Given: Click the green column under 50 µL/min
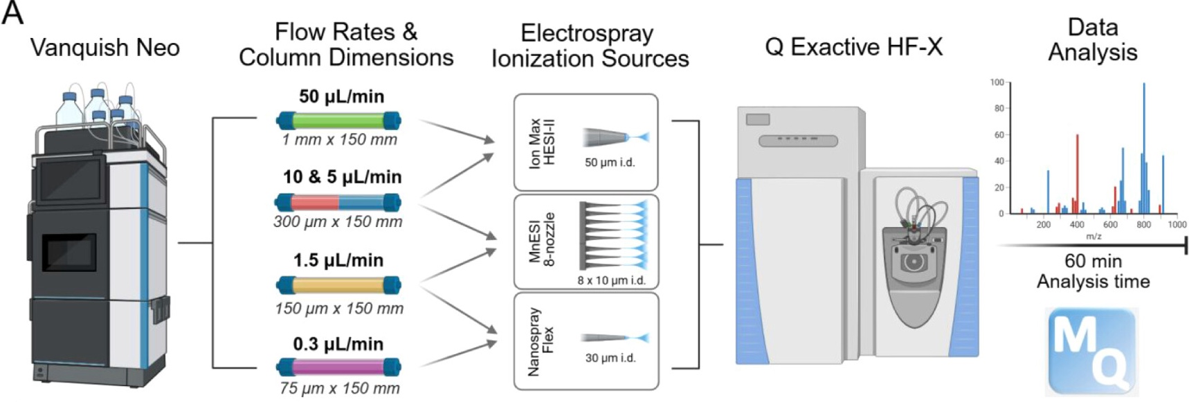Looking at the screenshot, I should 338,121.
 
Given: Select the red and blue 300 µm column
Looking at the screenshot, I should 338,203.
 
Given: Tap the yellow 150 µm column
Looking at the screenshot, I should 338,284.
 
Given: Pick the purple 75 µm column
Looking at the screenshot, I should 338,367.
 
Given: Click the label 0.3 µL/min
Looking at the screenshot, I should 338,344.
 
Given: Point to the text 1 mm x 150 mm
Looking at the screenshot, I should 339,140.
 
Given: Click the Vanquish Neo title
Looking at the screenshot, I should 105,48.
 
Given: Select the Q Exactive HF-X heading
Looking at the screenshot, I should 853,47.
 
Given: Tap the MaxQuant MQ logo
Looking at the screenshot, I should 1093,351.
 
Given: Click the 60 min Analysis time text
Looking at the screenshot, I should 1093,271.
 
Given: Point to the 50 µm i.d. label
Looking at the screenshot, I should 610,163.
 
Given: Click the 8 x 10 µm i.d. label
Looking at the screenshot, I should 611,280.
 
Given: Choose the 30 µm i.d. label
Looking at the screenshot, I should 610,358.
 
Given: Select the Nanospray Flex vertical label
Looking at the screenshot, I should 541,341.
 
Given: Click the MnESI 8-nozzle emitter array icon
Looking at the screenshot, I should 613,235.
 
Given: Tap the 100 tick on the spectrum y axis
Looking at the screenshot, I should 997,82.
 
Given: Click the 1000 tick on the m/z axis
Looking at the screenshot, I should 1177,224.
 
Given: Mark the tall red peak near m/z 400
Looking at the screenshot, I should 1078,173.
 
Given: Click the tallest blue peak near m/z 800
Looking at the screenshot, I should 1144,148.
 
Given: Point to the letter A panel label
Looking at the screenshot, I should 12,12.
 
